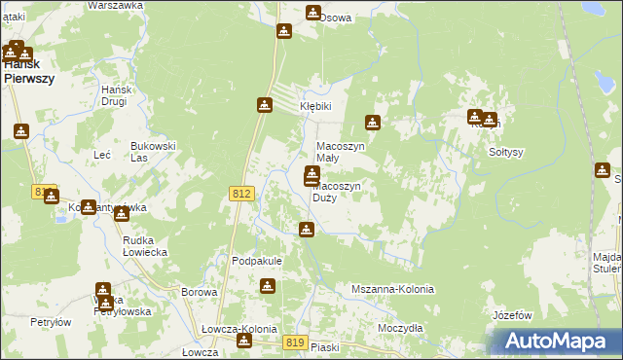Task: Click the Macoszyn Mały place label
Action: coord(341,153)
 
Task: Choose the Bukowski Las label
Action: coord(153,152)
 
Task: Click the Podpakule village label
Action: coord(256,261)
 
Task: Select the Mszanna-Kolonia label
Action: coord(392,290)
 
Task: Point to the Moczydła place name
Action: coord(400,328)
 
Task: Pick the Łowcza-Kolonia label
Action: coord(234,330)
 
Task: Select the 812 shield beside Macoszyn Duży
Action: coord(242,195)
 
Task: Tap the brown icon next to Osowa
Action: coord(313,13)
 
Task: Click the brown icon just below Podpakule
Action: coord(267,286)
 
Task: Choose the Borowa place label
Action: coord(199,292)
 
